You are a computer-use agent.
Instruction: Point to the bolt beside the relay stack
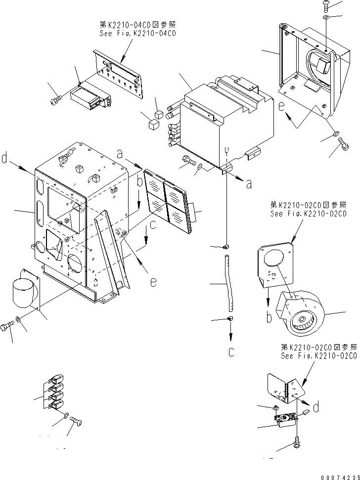pyautogui.click(x=77, y=422)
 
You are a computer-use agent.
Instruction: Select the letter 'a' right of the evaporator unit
pyautogui.click(x=249, y=183)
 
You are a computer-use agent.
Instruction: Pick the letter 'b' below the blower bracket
pyautogui.click(x=269, y=317)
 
